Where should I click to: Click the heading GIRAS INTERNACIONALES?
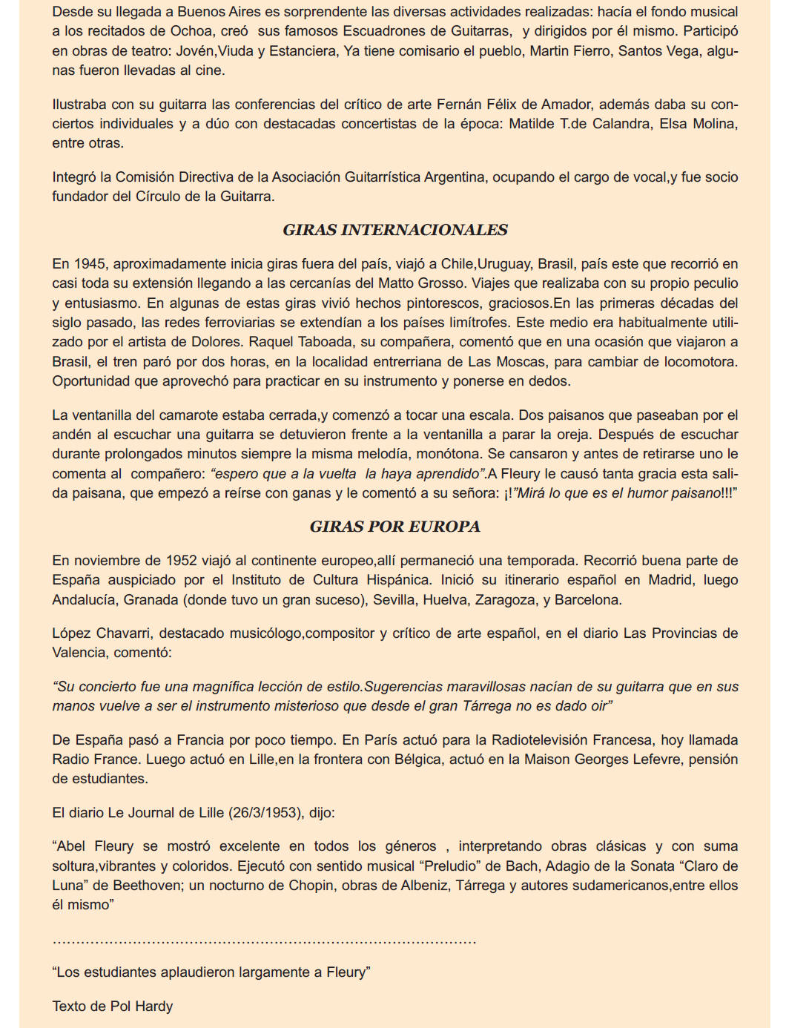394,230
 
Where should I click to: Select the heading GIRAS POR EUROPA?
394,527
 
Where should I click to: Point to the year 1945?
90,264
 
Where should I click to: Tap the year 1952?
181,561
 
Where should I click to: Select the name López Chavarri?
102,633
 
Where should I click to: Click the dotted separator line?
264,942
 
